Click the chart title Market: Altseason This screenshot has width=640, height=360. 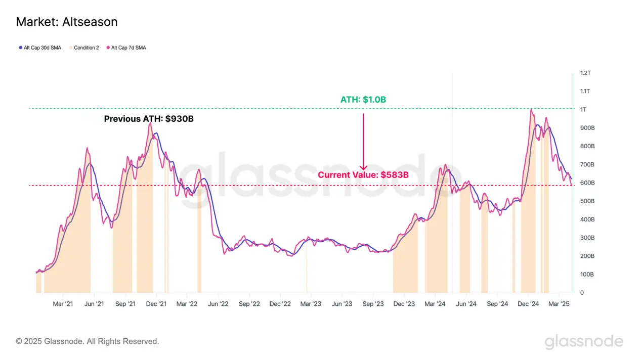click(67, 22)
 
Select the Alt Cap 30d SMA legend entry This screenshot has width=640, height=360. click(40, 48)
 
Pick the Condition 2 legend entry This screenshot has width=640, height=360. click(83, 48)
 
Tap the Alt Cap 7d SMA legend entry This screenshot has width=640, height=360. click(126, 48)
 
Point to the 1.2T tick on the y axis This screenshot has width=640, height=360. click(585, 73)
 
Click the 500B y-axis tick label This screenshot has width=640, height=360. click(587, 201)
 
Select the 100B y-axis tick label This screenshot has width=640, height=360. click(587, 275)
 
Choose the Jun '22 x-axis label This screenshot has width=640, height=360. click(218, 304)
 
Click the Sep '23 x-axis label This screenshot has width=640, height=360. click(373, 304)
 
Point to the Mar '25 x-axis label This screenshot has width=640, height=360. click(559, 304)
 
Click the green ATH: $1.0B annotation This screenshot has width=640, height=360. click(363, 100)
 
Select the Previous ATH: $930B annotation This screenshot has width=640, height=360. click(149, 119)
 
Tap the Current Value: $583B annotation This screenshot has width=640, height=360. click(363, 175)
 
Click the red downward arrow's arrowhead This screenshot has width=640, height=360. click(363, 168)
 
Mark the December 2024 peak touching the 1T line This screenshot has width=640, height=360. click(531, 109)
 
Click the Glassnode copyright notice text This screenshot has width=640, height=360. click(88, 341)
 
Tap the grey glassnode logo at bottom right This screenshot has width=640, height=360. click(584, 342)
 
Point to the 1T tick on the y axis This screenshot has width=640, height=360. click(583, 110)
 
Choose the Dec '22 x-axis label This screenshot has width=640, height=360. click(280, 304)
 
